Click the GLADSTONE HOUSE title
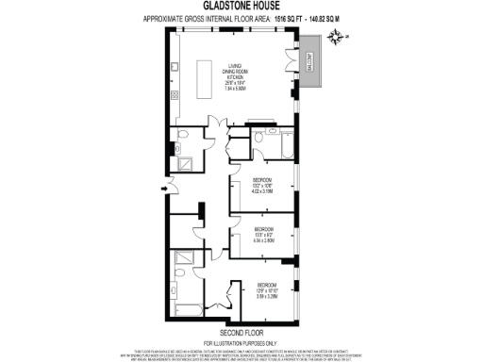pyautogui.click(x=241, y=6)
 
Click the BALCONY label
pyautogui.click(x=308, y=60)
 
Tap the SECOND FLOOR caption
pyautogui.click(x=241, y=332)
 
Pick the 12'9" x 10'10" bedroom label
pyautogui.click(x=267, y=289)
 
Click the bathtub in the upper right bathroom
pyautogui.click(x=282, y=146)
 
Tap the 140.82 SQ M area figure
pyautogui.click(x=319, y=19)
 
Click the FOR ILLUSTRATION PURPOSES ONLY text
pyautogui.click(x=241, y=341)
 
